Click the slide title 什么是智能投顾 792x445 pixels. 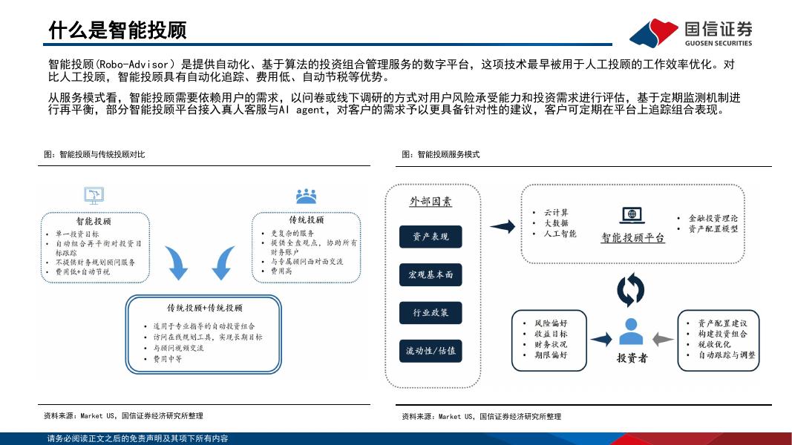(x=117, y=30)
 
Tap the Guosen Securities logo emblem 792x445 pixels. (x=653, y=32)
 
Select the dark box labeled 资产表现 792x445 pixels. (x=431, y=237)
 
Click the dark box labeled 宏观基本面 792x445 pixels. (x=431, y=274)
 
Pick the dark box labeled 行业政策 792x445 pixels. (x=431, y=313)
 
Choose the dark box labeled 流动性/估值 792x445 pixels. (x=431, y=351)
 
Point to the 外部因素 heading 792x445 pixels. (x=431, y=202)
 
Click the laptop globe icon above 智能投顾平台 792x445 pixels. (x=632, y=215)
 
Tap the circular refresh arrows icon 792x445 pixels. (x=631, y=289)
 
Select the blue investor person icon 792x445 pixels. (x=631, y=332)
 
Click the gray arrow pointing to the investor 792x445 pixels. (x=663, y=340)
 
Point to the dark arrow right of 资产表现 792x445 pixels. (x=503, y=227)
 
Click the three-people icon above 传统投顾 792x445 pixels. (x=306, y=197)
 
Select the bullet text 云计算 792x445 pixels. (x=556, y=213)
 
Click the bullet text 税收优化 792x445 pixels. (x=713, y=344)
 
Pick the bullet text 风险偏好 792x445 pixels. (x=550, y=323)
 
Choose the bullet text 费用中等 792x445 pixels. (x=168, y=359)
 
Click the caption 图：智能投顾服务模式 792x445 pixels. (x=441, y=154)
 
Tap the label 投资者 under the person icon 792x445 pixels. (x=632, y=358)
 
